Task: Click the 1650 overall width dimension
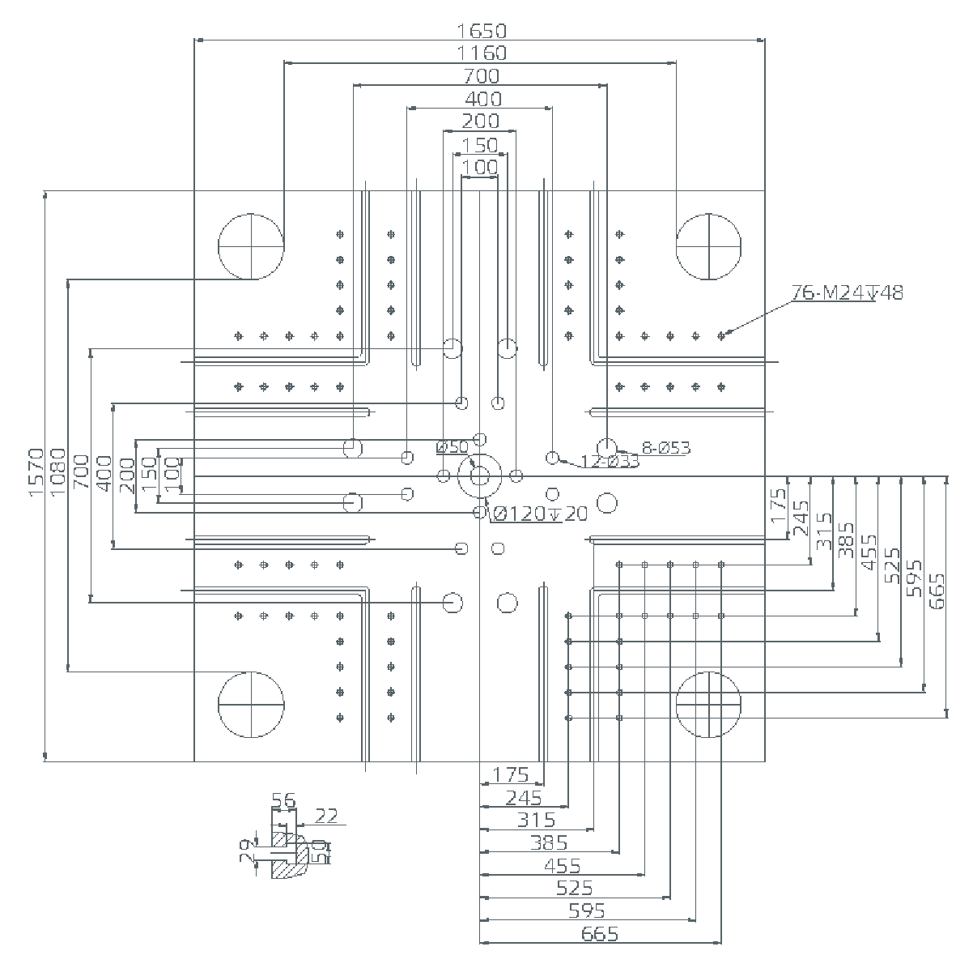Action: (482, 31)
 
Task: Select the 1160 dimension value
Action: (482, 53)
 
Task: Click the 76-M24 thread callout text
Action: (847, 292)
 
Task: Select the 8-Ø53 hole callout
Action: (666, 447)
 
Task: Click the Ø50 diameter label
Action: (452, 447)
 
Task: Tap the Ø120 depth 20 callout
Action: (539, 514)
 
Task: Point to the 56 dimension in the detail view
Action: (283, 801)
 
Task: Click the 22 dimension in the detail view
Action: (326, 816)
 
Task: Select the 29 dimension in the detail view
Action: (246, 852)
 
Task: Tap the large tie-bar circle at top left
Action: (251, 246)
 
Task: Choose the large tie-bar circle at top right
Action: (709, 246)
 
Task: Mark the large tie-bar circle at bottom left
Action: (251, 704)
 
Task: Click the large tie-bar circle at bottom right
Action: (709, 704)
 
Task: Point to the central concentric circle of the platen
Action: (480, 475)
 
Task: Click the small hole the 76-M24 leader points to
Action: (721, 335)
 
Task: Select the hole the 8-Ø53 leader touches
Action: (606, 447)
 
